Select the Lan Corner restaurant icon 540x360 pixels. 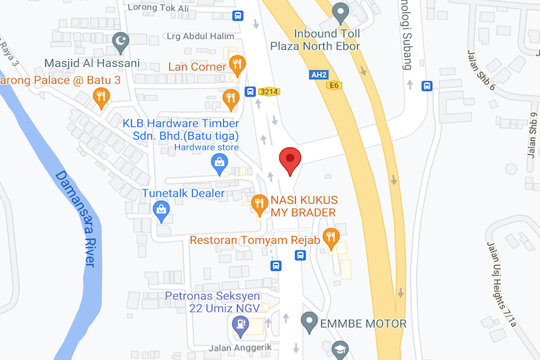(x=237, y=66)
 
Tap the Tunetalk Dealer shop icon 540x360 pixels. (x=162, y=210)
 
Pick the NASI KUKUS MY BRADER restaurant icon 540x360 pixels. (x=259, y=203)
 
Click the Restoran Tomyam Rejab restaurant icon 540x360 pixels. (x=330, y=236)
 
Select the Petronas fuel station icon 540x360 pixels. (x=238, y=325)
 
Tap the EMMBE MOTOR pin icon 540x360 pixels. (x=310, y=322)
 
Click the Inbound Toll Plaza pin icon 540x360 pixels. (x=341, y=11)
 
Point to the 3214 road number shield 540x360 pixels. (x=269, y=91)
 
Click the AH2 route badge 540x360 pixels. (x=318, y=74)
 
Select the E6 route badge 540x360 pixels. (x=333, y=86)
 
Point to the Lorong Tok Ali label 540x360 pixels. (x=158, y=8)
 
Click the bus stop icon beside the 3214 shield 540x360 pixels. (x=250, y=91)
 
